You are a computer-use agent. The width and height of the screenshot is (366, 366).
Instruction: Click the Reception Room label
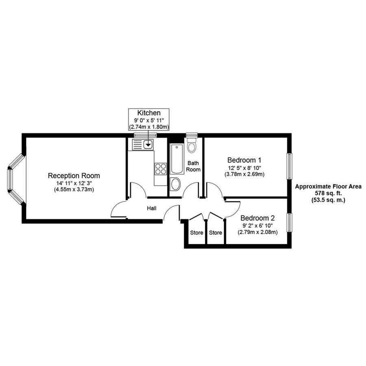[74, 176]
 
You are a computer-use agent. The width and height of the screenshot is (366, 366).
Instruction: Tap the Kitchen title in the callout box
[149, 113]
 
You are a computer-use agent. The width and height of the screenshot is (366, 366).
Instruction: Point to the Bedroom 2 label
[257, 218]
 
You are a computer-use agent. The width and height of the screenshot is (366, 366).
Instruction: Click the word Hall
[152, 208]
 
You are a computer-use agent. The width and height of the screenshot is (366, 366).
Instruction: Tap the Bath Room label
[194, 166]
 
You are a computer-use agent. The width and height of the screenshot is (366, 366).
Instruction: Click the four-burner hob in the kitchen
[161, 168]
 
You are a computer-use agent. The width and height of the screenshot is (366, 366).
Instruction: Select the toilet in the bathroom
[192, 145]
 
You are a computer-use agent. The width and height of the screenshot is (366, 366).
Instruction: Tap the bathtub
[176, 159]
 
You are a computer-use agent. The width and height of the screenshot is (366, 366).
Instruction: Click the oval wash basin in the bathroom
[176, 184]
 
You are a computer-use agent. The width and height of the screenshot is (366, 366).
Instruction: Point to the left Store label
[196, 233]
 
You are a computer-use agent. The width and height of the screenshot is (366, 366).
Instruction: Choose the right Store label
[216, 233]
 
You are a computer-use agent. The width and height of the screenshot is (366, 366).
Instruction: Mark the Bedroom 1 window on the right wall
[290, 166]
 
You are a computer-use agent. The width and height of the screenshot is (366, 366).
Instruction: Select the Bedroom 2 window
[290, 222]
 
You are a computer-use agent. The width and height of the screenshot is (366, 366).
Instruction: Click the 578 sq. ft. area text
[328, 193]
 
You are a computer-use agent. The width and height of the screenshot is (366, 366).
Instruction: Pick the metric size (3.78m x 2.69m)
[244, 174]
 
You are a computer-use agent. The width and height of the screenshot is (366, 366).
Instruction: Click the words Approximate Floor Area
[328, 187]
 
